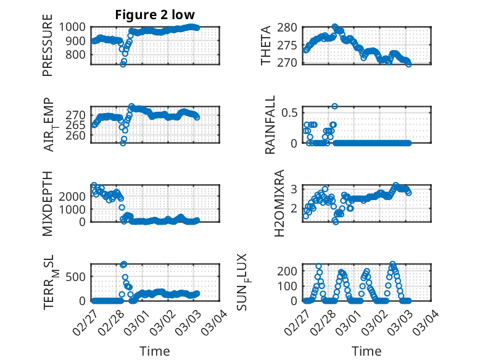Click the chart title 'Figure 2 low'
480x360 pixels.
click(x=155, y=15)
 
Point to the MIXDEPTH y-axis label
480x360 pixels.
click(x=48, y=204)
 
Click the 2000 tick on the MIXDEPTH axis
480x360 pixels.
click(x=75, y=196)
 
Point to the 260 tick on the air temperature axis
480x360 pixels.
click(x=78, y=135)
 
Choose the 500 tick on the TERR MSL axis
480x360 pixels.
click(x=78, y=276)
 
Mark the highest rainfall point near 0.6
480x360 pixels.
click(x=334, y=106)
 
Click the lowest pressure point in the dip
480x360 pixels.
click(x=123, y=64)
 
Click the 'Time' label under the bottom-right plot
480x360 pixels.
click(x=366, y=351)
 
